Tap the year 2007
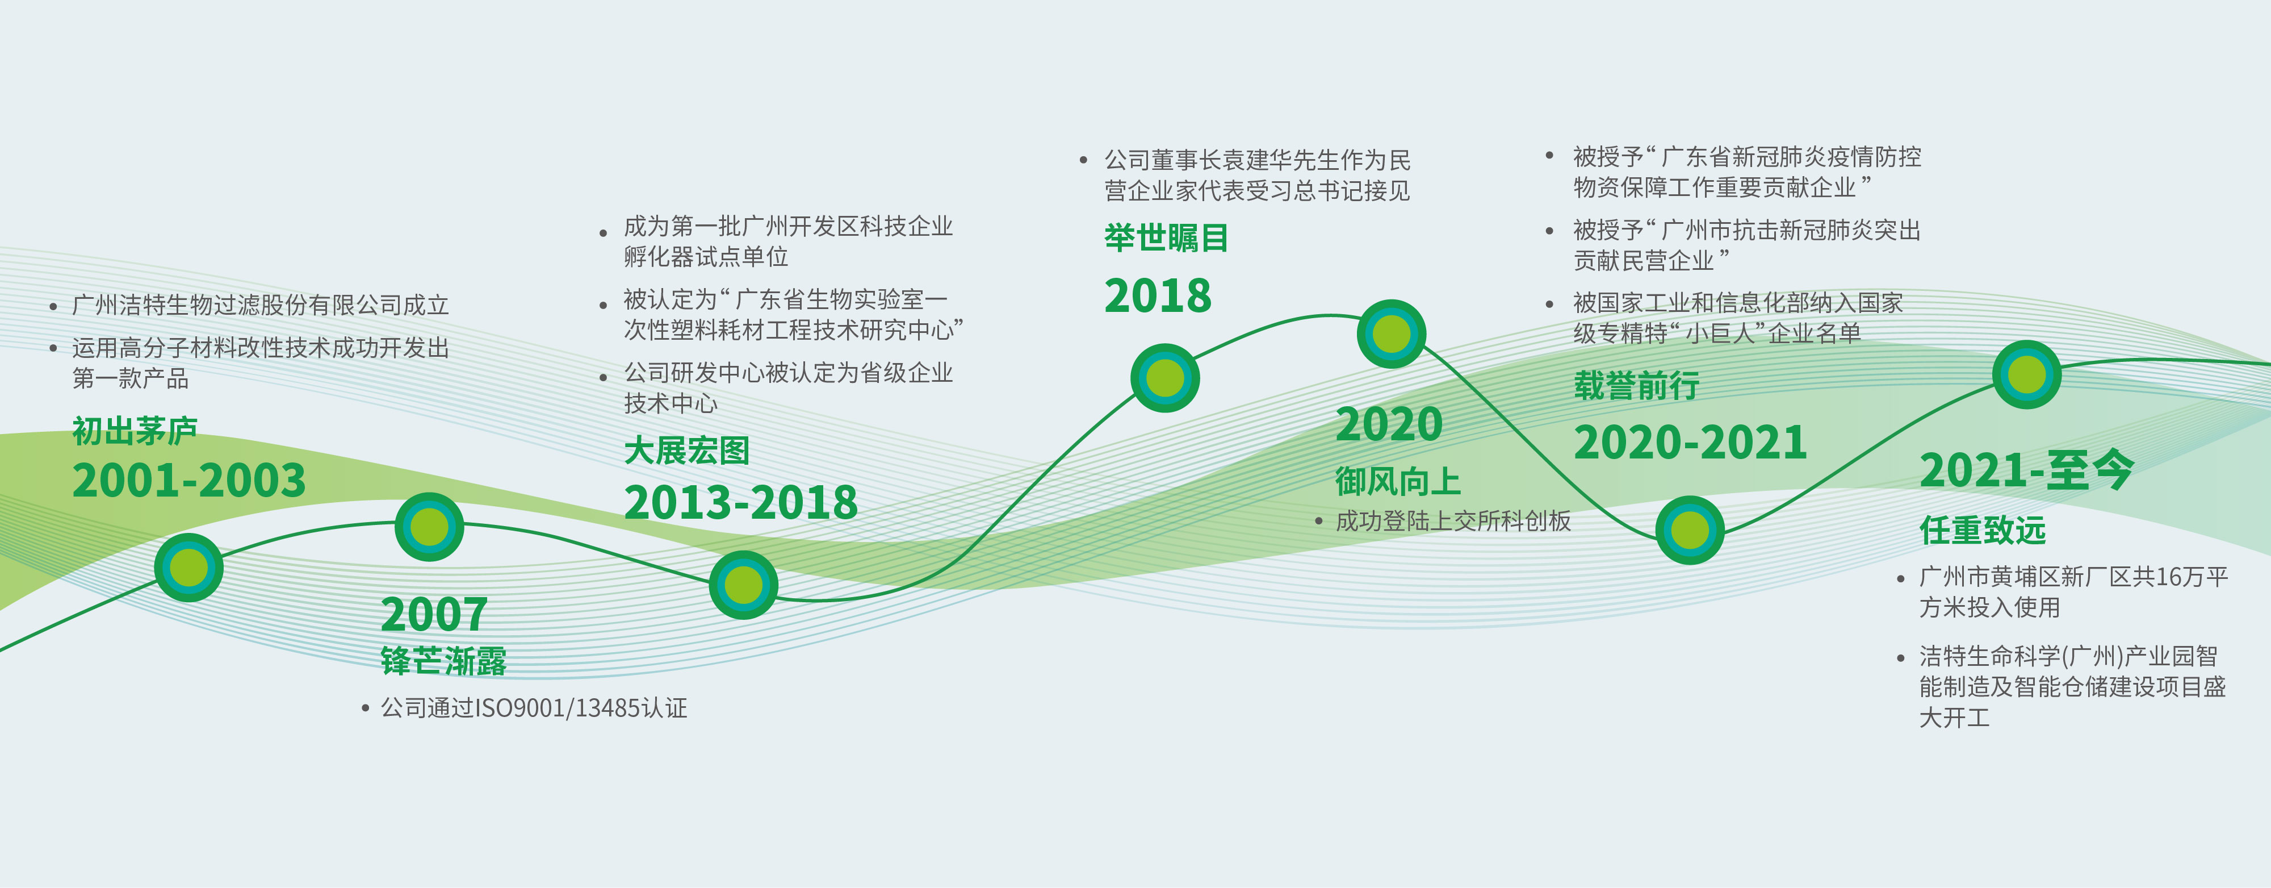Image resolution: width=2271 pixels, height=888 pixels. click(x=434, y=615)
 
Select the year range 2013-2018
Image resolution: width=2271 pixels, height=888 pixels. click(x=740, y=503)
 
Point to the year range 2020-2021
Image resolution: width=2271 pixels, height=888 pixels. click(x=1690, y=442)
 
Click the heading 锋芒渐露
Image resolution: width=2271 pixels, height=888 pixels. click(x=443, y=661)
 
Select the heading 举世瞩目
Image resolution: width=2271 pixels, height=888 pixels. click(x=1166, y=237)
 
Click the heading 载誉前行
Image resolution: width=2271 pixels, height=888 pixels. click(x=1636, y=385)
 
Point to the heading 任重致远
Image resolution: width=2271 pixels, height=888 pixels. click(x=1983, y=530)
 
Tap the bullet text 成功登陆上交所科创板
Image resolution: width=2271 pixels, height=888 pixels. click(x=1453, y=521)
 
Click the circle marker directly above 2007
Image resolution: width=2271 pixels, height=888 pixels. click(x=429, y=527)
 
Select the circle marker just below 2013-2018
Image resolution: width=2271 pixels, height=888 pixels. click(x=743, y=585)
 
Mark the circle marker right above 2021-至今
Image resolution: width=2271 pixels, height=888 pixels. click(x=2027, y=374)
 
